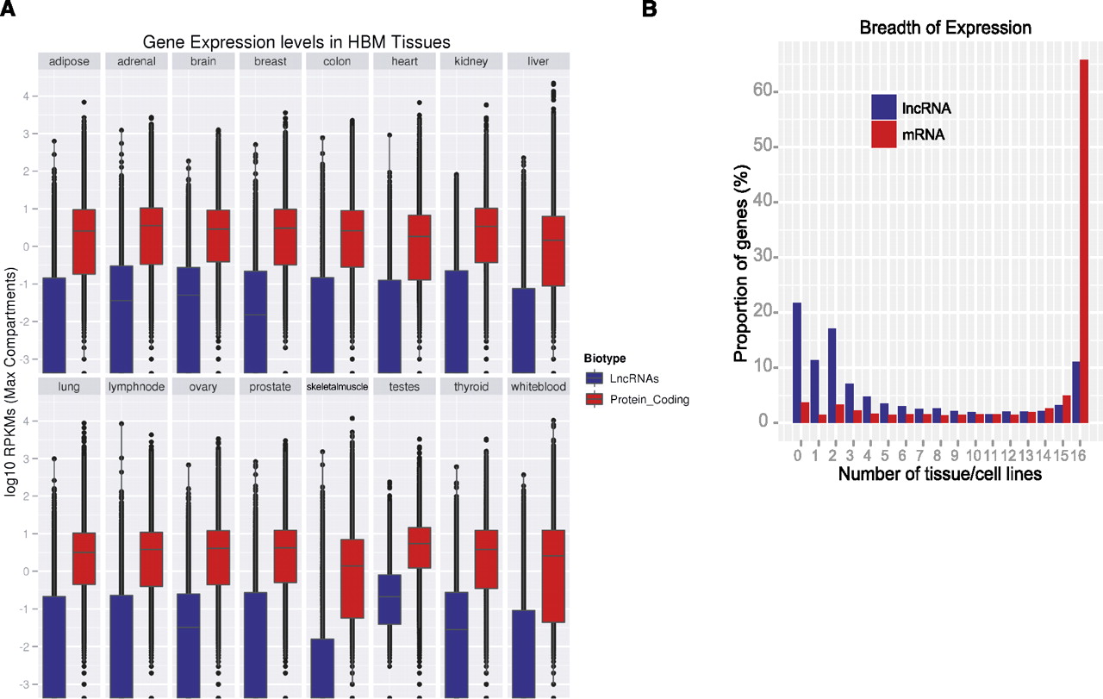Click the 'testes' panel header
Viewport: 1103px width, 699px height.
tap(405, 387)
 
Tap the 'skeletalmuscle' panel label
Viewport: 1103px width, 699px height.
tap(338, 387)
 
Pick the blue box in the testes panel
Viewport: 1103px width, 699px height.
tap(390, 599)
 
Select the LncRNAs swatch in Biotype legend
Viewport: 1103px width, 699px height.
tap(593, 378)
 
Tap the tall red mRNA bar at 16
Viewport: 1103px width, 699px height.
tap(1083, 241)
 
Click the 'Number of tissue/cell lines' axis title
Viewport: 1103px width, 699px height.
tap(941, 473)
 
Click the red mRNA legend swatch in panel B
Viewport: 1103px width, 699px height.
tap(884, 134)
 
